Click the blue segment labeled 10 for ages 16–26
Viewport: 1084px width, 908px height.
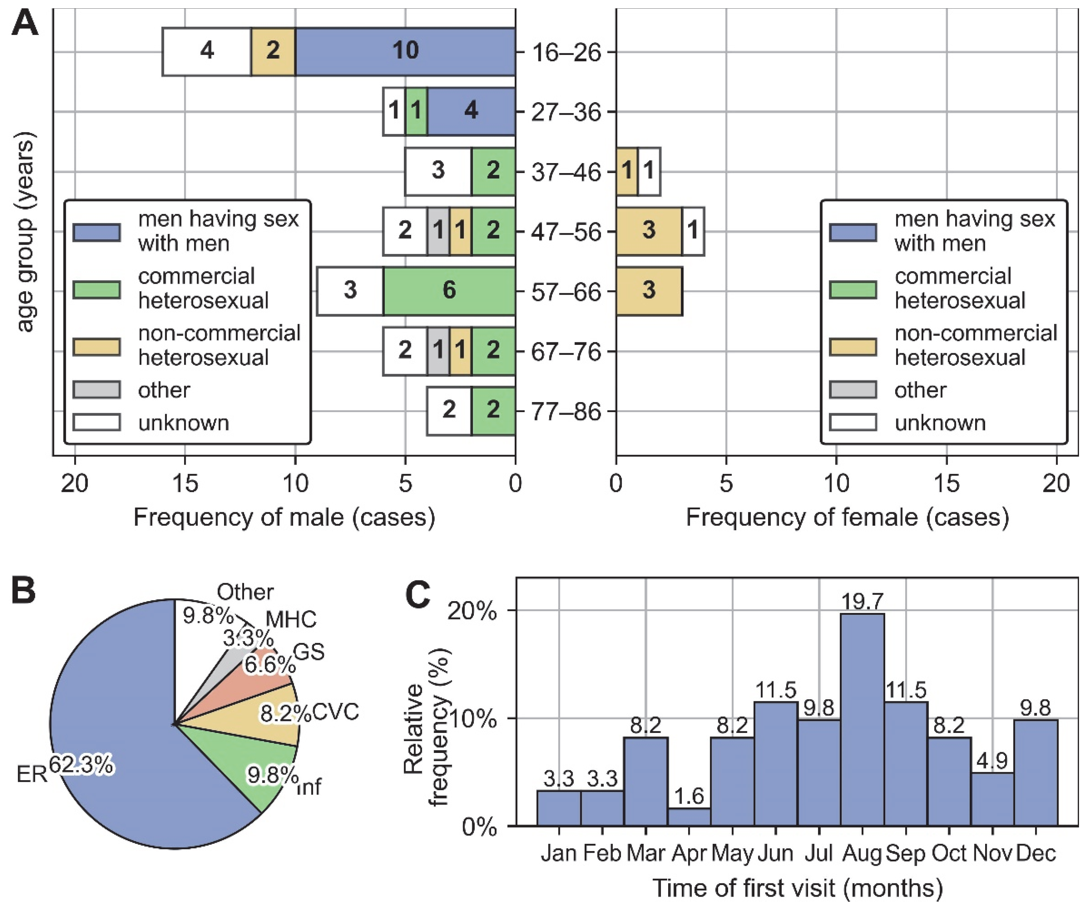pos(405,52)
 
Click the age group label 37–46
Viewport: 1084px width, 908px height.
pos(566,172)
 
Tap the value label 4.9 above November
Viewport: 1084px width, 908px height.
pos(992,760)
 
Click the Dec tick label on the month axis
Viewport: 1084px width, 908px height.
pos(1035,853)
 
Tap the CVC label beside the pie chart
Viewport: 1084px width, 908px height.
pos(336,712)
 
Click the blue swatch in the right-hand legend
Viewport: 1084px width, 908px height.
pos(853,232)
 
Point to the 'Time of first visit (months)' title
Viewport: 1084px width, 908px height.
pos(797,888)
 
